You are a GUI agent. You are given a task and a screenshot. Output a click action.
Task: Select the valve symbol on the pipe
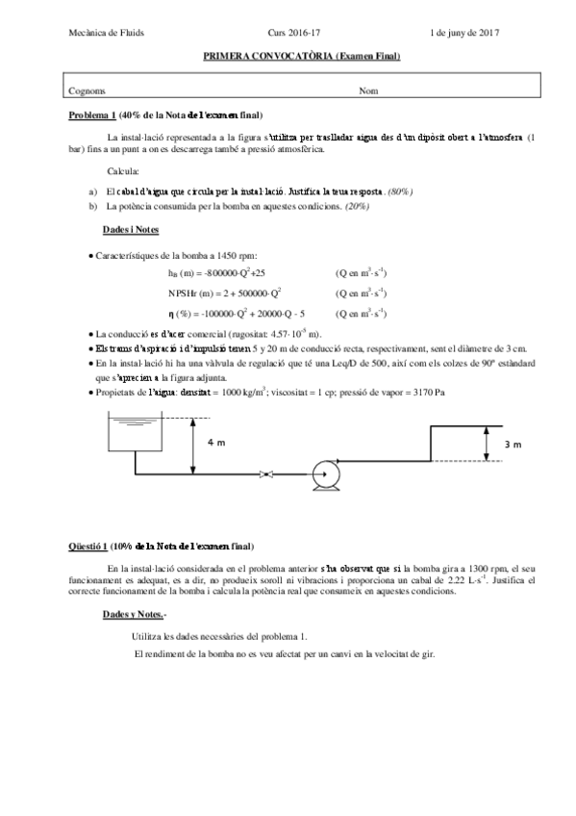point(268,472)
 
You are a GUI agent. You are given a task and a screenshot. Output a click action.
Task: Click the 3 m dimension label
point(513,445)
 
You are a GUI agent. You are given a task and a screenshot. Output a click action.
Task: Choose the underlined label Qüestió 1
point(88,546)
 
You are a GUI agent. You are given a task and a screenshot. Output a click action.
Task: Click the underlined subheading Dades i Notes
point(131,231)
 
